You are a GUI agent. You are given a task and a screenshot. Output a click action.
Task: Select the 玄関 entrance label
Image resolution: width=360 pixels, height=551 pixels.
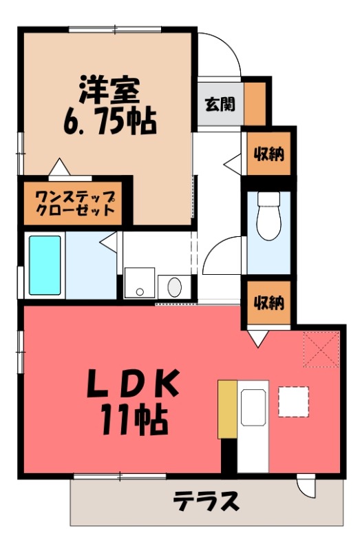pyautogui.click(x=219, y=104)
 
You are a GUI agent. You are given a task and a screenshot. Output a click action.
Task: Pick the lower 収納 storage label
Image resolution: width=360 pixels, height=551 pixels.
pyautogui.click(x=268, y=302)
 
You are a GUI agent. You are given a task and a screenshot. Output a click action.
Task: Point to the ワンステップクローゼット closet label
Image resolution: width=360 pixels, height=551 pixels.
pyautogui.click(x=74, y=203)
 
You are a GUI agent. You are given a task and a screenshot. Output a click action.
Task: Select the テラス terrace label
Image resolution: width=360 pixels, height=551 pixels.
pyautogui.click(x=206, y=501)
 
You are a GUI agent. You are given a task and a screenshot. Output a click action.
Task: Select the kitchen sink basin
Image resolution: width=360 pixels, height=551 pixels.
pyautogui.click(x=253, y=406)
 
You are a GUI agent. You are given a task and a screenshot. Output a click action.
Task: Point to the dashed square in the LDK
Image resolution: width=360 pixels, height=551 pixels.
pyautogui.click(x=293, y=401)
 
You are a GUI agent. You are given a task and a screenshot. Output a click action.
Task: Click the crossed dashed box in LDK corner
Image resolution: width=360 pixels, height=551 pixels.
pyautogui.click(x=321, y=349)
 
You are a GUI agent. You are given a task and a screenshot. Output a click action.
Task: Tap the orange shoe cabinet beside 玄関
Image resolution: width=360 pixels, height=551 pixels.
pyautogui.click(x=254, y=103)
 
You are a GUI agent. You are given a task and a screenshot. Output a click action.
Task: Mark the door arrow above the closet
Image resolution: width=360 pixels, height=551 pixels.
pyautogui.click(x=59, y=168)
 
